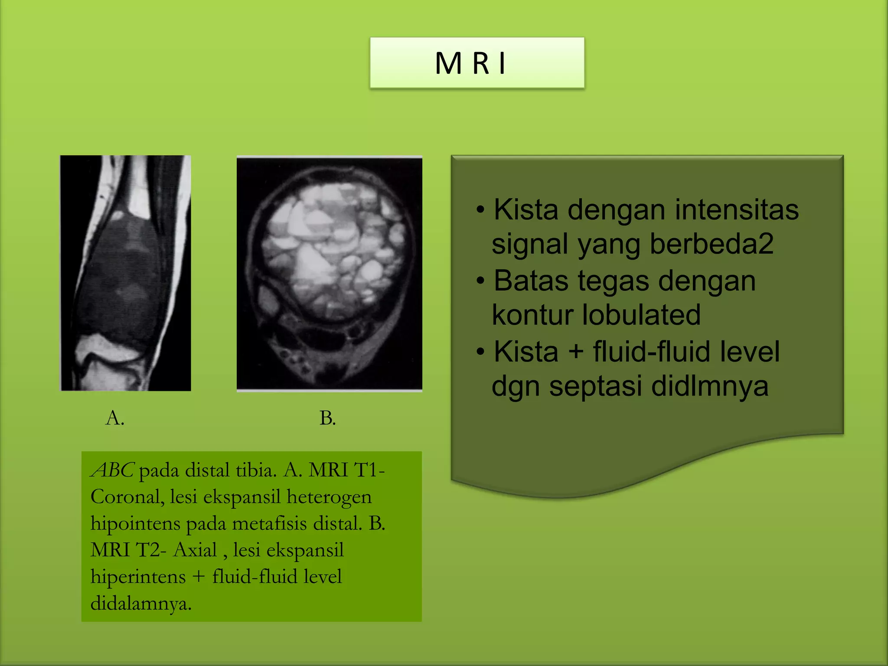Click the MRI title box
pyautogui.click(x=477, y=63)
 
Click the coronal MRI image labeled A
pyautogui.click(x=126, y=273)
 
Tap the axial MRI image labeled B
pyautogui.click(x=330, y=273)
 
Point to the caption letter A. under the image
pyautogui.click(x=115, y=418)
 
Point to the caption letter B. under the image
pyautogui.click(x=327, y=418)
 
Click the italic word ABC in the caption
pyautogui.click(x=113, y=470)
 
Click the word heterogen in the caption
pyautogui.click(x=329, y=497)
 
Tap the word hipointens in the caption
pyautogui.click(x=135, y=524)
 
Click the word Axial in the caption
pyautogui.click(x=195, y=550)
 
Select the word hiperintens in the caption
pyautogui.click(x=138, y=577)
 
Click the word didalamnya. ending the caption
pyautogui.click(x=141, y=604)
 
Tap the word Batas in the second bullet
pyautogui.click(x=531, y=281)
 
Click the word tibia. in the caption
pyautogui.click(x=256, y=470)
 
